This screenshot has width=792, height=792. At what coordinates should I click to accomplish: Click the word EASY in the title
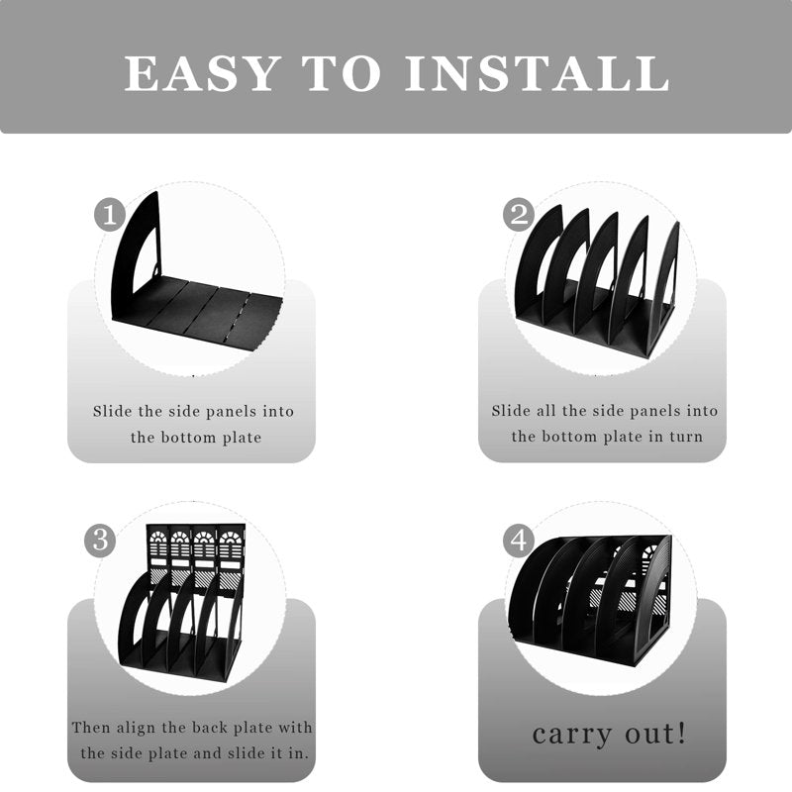[202, 73]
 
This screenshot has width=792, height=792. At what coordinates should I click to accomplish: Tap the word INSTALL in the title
[538, 73]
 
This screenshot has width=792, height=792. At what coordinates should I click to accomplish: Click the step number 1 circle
[110, 215]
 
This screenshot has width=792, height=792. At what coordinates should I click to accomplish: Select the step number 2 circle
[519, 215]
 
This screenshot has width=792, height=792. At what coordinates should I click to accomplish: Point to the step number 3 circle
[100, 541]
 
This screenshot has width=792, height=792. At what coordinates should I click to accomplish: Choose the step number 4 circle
[519, 541]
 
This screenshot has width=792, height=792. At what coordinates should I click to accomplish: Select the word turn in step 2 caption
[686, 437]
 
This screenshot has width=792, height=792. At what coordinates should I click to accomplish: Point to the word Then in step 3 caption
[91, 728]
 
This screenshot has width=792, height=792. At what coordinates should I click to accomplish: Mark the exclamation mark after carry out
[681, 733]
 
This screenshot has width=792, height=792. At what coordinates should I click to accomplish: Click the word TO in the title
[341, 73]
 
